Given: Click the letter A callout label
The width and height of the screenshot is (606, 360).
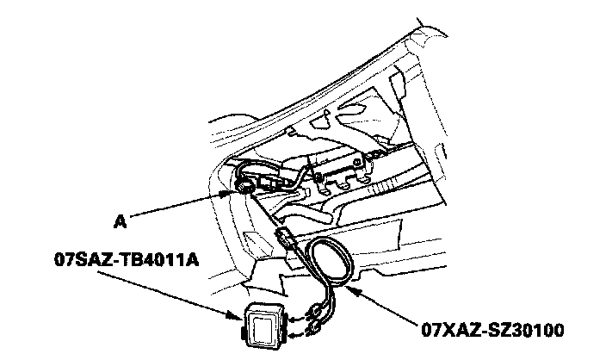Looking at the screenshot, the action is [121, 221].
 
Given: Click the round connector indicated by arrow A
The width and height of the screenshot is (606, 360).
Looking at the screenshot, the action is [244, 183].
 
